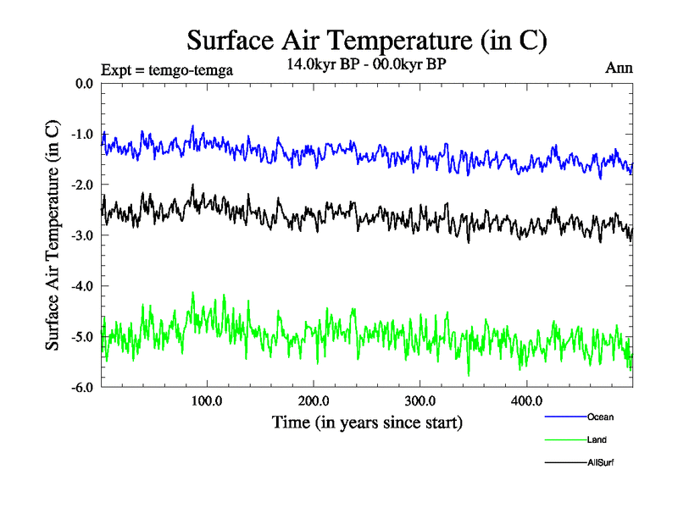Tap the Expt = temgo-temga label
(166, 70)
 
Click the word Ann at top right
(619, 68)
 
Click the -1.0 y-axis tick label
(82, 134)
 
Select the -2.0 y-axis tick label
(82, 185)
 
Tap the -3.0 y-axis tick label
(82, 235)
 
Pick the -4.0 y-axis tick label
(82, 286)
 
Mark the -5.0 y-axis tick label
(82, 337)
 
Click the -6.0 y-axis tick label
(82, 388)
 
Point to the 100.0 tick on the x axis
(207, 401)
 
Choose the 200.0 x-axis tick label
(314, 401)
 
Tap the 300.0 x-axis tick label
(420, 401)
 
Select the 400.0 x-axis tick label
(527, 401)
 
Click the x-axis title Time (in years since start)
(367, 422)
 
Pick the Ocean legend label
(599, 417)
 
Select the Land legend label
(597, 439)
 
